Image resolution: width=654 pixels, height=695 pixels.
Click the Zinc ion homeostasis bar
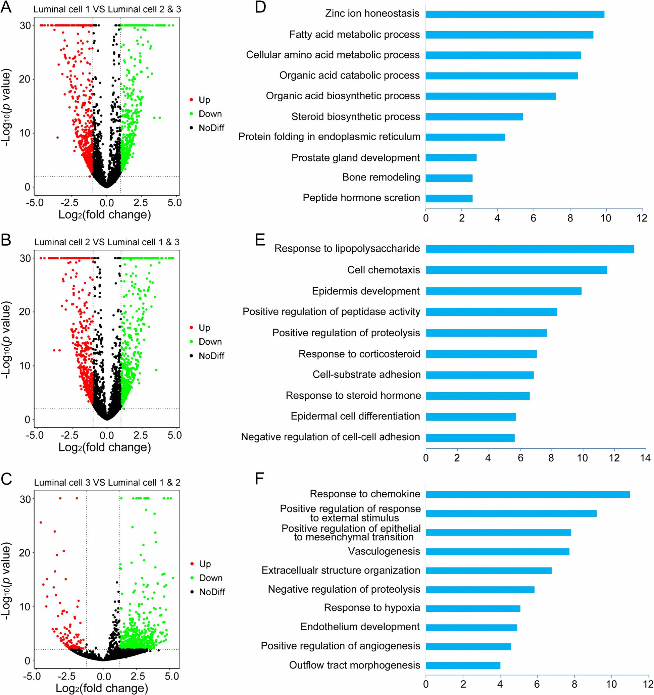point(514,14)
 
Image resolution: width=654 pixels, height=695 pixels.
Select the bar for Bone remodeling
point(449,178)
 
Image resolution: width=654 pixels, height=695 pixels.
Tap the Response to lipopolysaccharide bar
point(530,249)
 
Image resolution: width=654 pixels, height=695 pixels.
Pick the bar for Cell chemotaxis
point(516,270)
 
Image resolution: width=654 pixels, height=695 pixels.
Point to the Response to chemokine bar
point(527,494)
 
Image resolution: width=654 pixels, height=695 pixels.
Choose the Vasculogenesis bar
point(497,552)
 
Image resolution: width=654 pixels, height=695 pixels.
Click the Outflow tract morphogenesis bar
point(463,665)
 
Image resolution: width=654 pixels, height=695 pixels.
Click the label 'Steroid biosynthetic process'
point(355,116)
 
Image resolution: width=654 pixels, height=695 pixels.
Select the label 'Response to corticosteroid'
point(359,354)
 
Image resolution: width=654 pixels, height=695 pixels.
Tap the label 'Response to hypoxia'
point(371,608)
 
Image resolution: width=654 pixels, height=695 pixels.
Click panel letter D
point(260,7)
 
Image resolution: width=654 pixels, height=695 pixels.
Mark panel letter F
point(259,479)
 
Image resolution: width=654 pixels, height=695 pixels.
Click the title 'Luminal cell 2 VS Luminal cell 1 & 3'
point(107,242)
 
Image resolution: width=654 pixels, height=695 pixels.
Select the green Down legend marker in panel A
point(191,114)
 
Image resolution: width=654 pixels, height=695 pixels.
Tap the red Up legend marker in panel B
point(191,328)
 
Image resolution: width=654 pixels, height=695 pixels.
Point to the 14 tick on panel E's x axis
point(645,458)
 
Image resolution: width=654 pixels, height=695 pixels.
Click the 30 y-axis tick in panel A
point(25,26)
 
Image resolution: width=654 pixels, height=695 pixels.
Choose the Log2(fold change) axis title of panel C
point(102,688)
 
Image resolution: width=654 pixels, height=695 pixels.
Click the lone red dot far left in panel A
point(57,137)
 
